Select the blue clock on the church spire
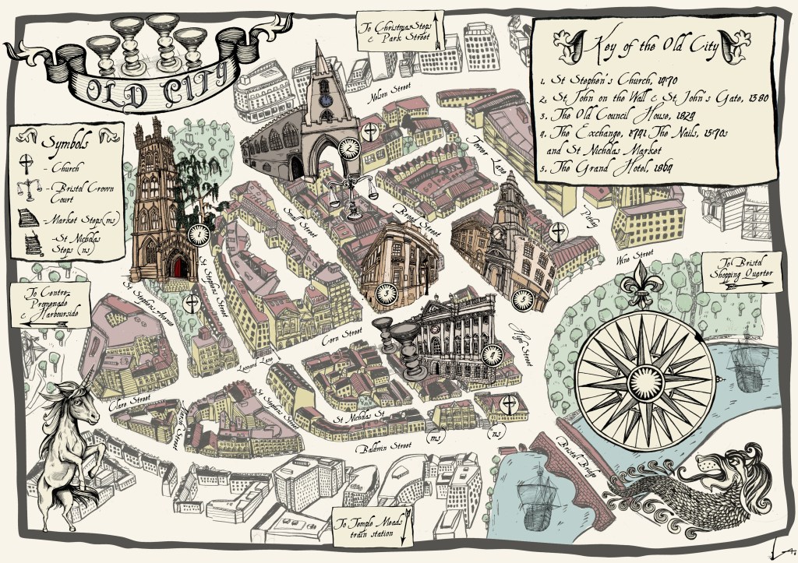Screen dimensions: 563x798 coord(323,99)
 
